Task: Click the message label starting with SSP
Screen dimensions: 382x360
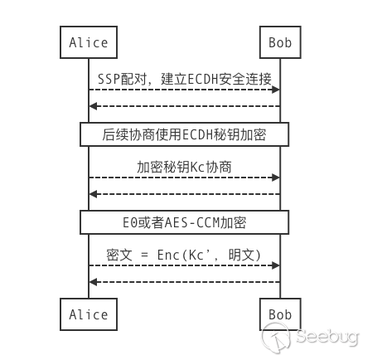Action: [x=185, y=79]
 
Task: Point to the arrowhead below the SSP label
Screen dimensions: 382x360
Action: [x=276, y=90]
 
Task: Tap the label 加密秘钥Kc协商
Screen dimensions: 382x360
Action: [x=184, y=167]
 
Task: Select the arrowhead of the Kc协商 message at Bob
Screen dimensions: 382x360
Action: [x=276, y=178]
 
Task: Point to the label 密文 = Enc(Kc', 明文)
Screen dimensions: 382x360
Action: [x=184, y=255]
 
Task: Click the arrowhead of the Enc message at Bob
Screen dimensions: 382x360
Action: [x=276, y=265]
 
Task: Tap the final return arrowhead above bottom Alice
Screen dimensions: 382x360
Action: [x=93, y=282]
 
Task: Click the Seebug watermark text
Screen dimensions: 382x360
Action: [x=327, y=337]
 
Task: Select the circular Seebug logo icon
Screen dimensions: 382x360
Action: [x=276, y=338]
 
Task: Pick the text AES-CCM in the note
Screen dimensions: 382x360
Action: [x=192, y=222]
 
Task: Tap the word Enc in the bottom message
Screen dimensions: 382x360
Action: [x=168, y=255]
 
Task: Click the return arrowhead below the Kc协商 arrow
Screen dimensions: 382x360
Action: [x=93, y=194]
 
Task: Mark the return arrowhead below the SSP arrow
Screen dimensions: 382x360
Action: [x=93, y=106]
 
